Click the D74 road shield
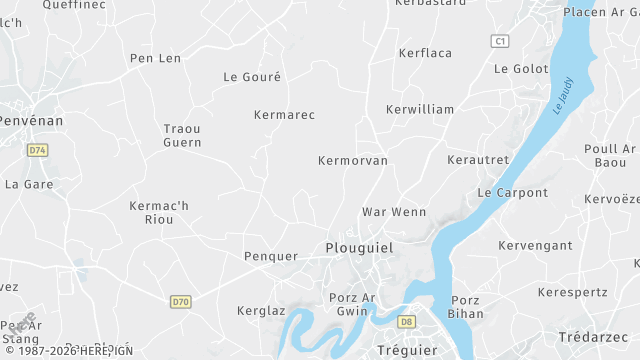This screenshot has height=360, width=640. pyautogui.click(x=38, y=150)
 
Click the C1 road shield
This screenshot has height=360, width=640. pyautogui.click(x=501, y=41)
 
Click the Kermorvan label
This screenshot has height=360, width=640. pyautogui.click(x=352, y=160)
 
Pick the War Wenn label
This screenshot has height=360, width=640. pyautogui.click(x=394, y=212)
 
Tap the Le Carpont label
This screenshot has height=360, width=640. pyautogui.click(x=512, y=192)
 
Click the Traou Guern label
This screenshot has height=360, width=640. pyautogui.click(x=182, y=135)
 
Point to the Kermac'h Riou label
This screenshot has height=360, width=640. pyautogui.click(x=159, y=212)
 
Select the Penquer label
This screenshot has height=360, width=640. pyautogui.click(x=271, y=256)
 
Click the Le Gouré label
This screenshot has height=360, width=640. pyautogui.click(x=252, y=76)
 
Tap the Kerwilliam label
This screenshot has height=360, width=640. pyautogui.click(x=419, y=109)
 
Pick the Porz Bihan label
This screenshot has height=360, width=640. pyautogui.click(x=466, y=307)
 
